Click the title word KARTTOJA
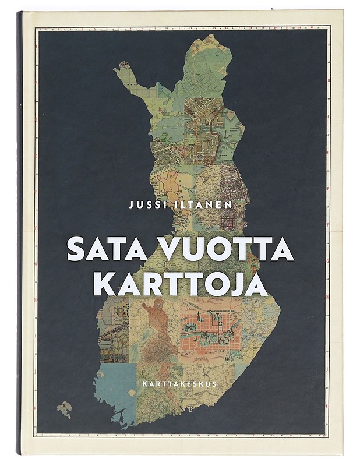(x=181, y=284)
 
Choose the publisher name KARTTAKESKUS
(x=180, y=384)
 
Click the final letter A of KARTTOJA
(x=255, y=284)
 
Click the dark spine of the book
(x=20, y=233)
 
